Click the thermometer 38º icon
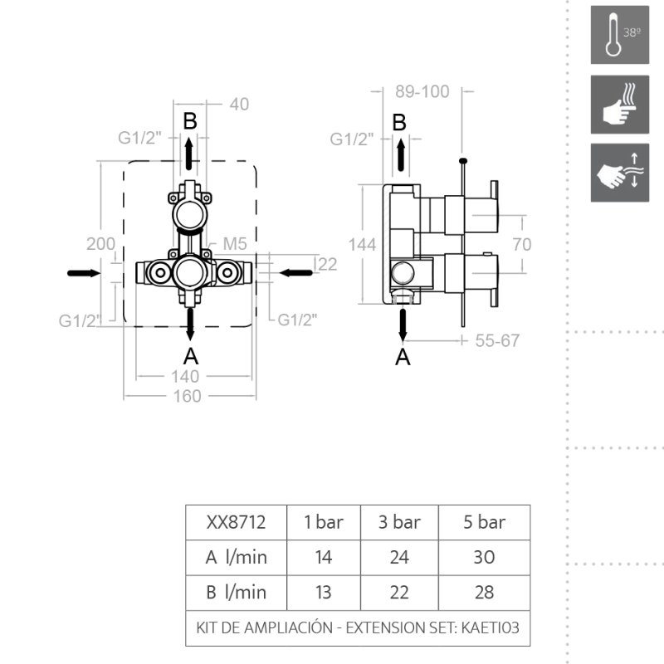click(x=619, y=35)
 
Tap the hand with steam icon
click(x=619, y=105)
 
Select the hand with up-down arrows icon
click(x=619, y=173)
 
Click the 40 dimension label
click(x=239, y=105)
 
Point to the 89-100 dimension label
click(x=422, y=91)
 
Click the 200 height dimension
click(x=100, y=244)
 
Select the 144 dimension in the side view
click(x=362, y=245)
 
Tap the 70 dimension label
click(x=522, y=244)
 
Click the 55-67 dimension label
click(x=497, y=340)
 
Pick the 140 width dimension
click(x=185, y=377)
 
